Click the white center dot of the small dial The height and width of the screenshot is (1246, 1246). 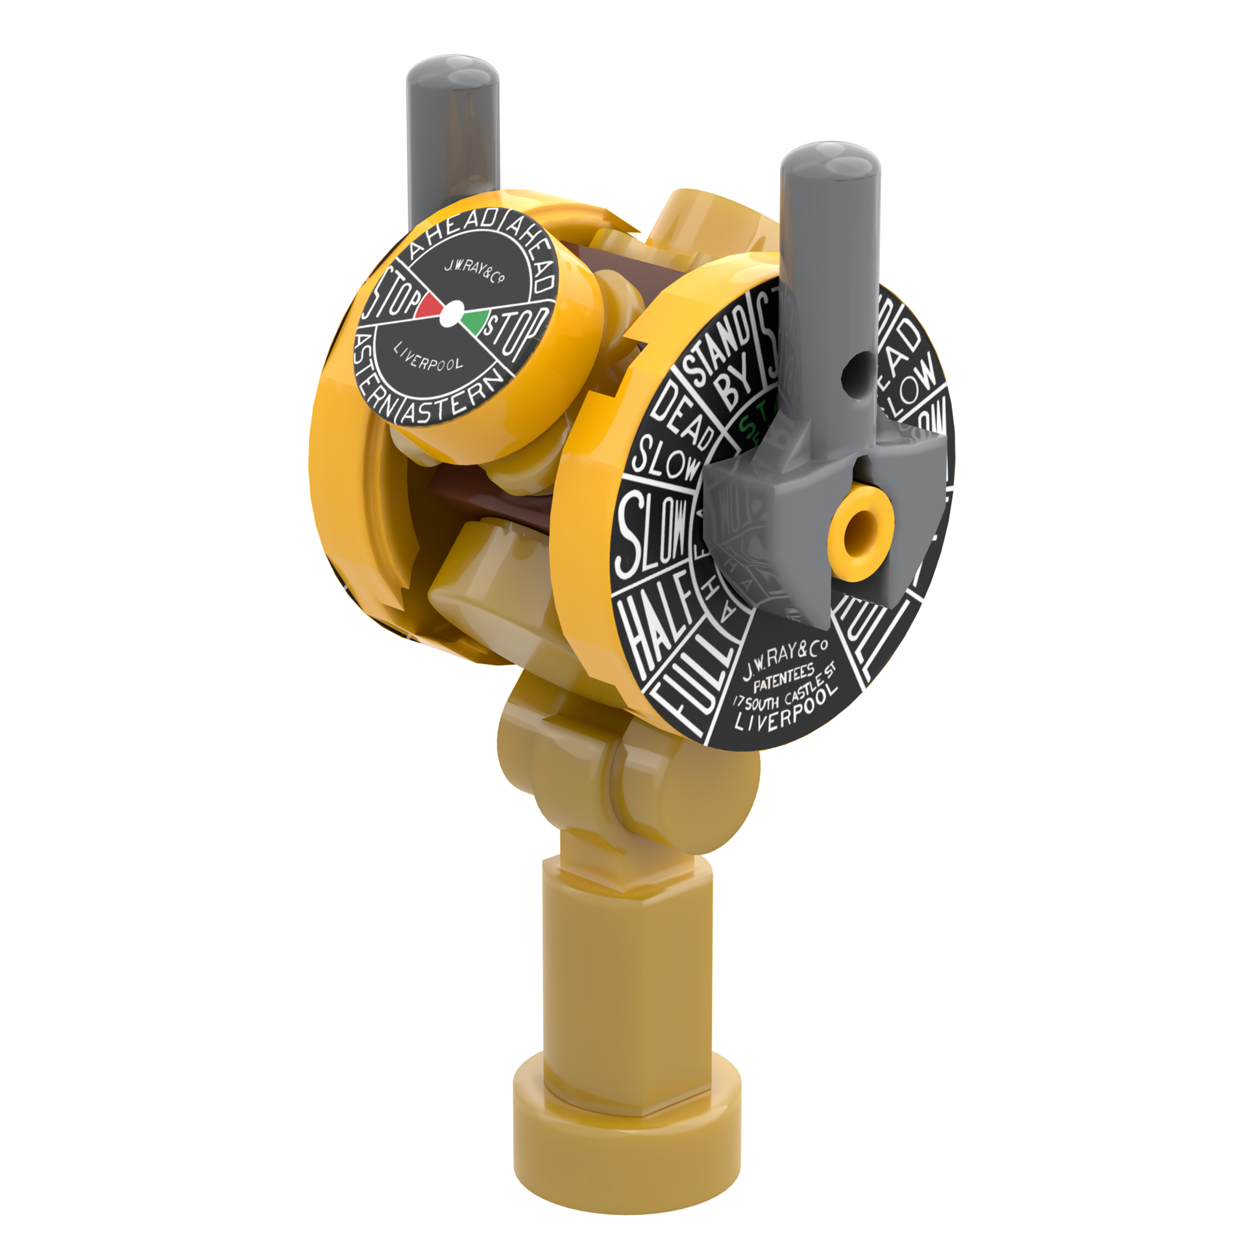coord(450,313)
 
